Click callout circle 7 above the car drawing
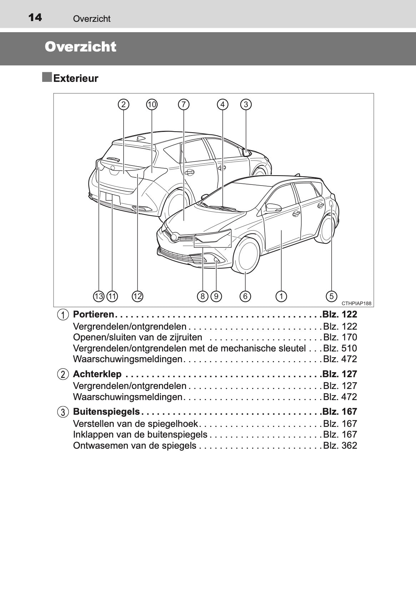(183, 104)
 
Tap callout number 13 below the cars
(99, 296)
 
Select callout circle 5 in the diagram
(331, 296)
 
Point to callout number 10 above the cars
(152, 104)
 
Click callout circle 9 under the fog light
(216, 296)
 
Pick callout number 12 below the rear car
(137, 296)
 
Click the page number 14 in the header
(35, 18)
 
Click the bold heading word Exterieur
(76, 78)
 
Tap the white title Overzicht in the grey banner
(81, 47)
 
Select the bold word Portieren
(94, 315)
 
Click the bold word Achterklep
(97, 374)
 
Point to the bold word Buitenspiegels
(106, 412)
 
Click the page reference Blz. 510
(340, 348)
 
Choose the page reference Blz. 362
(340, 445)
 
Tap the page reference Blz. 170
(340, 337)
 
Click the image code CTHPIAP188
(356, 304)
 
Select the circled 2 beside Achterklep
(63, 374)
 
